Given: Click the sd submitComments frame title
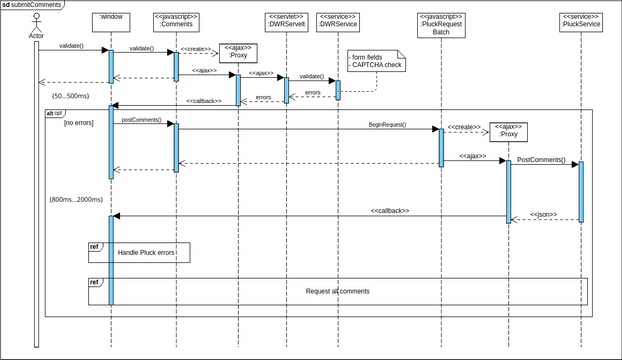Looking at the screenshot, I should coord(32,5).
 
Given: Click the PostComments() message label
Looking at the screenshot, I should coord(541,159).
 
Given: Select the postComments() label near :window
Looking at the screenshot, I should coord(142,120).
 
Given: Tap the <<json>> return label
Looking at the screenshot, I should coord(543,215).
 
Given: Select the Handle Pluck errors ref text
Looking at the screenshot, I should coord(146,253).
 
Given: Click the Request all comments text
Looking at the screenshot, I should coord(338,291).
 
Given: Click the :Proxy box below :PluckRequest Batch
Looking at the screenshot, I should coord(509,133).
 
